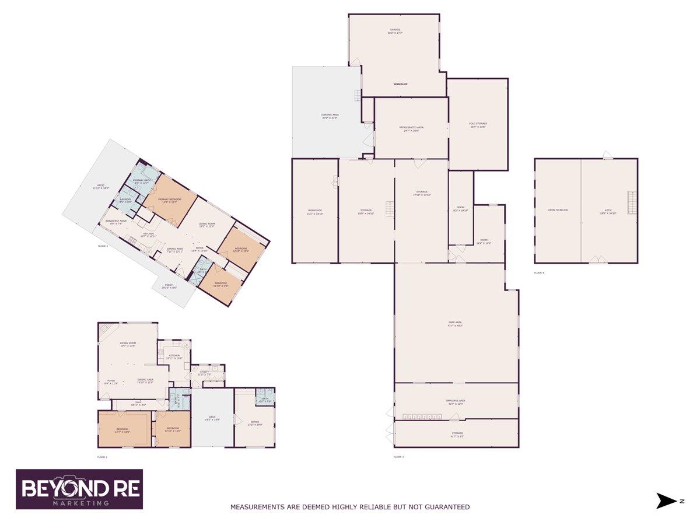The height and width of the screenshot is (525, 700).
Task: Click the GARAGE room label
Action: pyautogui.click(x=395, y=31)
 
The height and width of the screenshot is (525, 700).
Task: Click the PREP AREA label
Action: pyautogui.click(x=455, y=324)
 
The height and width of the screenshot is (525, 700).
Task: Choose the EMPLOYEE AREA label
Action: pyautogui.click(x=455, y=402)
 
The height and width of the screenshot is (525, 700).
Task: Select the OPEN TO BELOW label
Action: pyautogui.click(x=558, y=210)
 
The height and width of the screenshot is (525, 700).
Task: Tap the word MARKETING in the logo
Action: pyautogui.click(x=81, y=503)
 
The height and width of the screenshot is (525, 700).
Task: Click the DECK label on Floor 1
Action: pyautogui.click(x=212, y=418)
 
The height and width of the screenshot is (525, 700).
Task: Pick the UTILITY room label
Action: pyautogui.click(x=204, y=372)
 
